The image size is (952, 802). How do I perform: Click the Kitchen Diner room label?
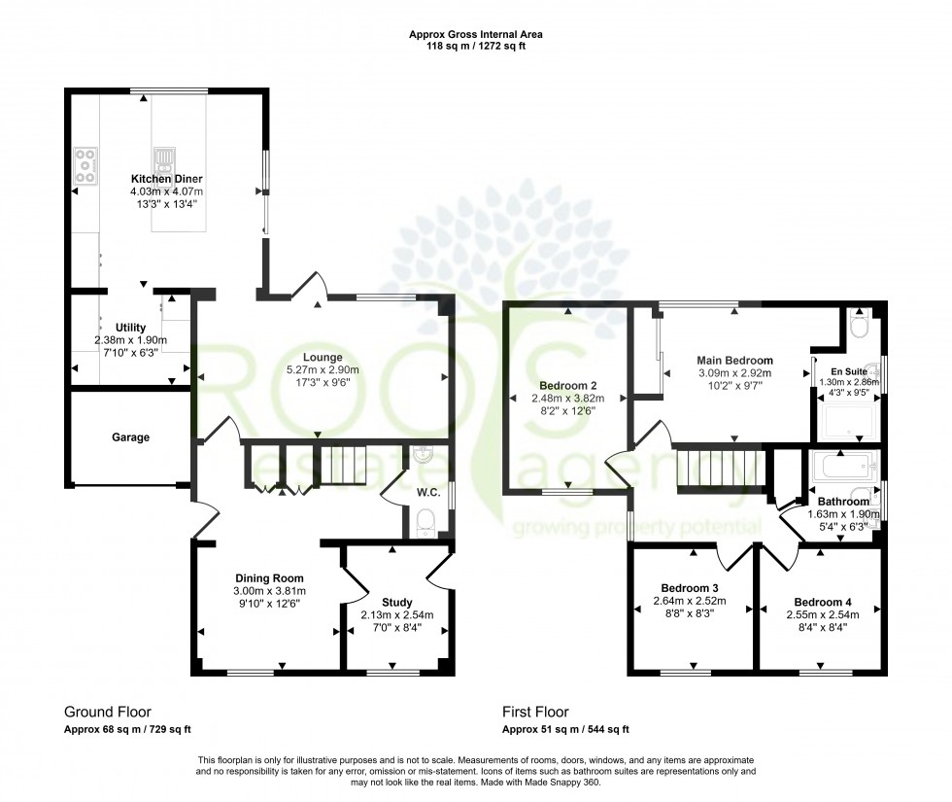pos(166,180)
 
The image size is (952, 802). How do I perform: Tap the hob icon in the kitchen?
pos(85,164)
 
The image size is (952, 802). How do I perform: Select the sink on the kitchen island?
pos(162,157)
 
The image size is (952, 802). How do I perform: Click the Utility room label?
pos(130,328)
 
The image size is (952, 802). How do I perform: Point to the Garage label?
pos(130,437)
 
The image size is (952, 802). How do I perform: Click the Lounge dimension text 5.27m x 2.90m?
pos(323,370)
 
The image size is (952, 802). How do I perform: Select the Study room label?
pos(397,602)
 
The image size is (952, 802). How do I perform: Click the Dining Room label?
pos(269,577)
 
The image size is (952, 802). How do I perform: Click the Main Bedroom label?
pos(734,360)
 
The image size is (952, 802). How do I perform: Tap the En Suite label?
pos(843,370)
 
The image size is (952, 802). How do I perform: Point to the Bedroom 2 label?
pos(568,384)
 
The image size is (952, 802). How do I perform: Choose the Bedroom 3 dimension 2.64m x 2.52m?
pos(694,601)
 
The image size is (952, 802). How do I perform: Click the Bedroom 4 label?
pos(821,601)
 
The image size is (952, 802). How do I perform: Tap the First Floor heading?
pos(535,712)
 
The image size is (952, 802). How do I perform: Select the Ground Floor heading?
pos(107,712)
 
